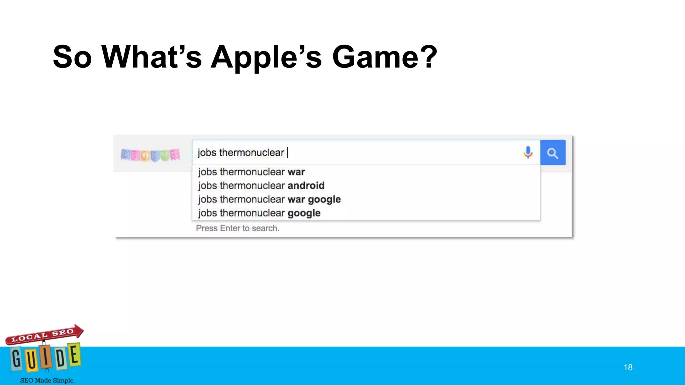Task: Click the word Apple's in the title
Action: [266, 57]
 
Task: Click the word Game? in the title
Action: [384, 57]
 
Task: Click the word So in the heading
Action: [72, 57]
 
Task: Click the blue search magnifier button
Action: [553, 153]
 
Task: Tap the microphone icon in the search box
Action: [528, 153]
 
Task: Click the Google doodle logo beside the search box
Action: [151, 155]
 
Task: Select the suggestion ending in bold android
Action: [261, 185]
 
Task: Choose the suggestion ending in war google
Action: [269, 200]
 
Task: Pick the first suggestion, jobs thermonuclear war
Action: [251, 172]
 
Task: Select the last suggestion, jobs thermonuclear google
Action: [259, 213]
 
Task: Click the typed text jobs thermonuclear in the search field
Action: [240, 153]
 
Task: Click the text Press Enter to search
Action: [237, 228]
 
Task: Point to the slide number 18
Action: [628, 367]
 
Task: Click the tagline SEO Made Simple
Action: [47, 380]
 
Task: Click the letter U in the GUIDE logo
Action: [32, 360]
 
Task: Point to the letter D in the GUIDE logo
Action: [61, 358]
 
